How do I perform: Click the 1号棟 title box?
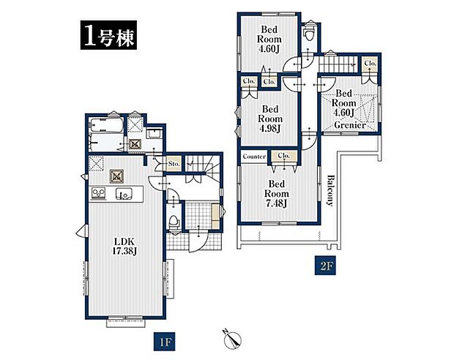tap(108, 35)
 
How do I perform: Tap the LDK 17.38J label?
tap(124, 247)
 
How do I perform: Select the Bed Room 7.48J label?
tap(276, 194)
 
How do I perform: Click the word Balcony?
tap(330, 190)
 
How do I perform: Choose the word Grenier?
tap(350, 125)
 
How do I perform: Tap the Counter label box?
tap(254, 157)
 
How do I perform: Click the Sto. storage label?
tap(174, 163)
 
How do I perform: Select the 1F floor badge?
tap(164, 342)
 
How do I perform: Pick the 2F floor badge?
tap(325, 266)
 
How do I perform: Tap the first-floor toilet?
tap(174, 222)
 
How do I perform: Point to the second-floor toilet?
tap(309, 34)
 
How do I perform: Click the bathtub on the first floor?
tap(107, 126)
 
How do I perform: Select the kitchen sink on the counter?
tap(124, 194)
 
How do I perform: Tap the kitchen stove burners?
tap(99, 194)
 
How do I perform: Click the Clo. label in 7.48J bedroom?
tap(283, 156)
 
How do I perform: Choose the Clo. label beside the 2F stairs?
tap(370, 63)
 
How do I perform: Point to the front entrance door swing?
tap(197, 241)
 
